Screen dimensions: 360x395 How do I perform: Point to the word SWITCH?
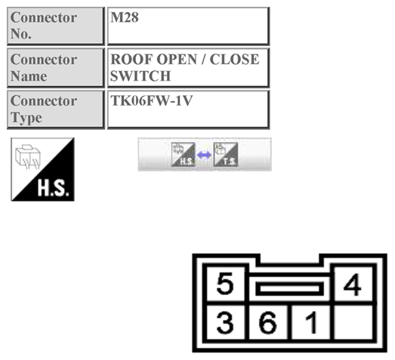tap(140, 76)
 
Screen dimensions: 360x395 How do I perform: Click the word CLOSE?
tap(235, 60)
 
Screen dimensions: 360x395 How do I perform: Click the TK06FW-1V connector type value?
tap(147, 101)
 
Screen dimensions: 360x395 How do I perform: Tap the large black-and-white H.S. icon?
tap(42, 169)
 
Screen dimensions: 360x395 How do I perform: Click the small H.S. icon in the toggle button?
tap(184, 155)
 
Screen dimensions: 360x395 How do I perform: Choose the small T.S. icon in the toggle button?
tap(226, 155)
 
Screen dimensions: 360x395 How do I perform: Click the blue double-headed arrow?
tap(205, 155)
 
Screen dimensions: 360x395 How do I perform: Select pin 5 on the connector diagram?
tap(225, 285)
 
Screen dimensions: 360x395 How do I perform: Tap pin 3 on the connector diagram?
tap(225, 324)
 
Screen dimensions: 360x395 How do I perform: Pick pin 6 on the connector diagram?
tap(270, 324)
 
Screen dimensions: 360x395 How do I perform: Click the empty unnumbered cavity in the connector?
tap(353, 324)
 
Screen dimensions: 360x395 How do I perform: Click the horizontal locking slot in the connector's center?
tap(290, 288)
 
